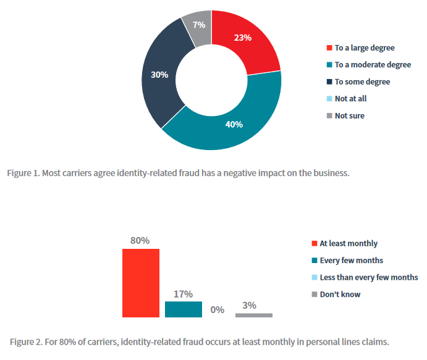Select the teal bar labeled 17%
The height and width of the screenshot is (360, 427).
(183, 309)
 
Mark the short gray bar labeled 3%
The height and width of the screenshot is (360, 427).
(253, 315)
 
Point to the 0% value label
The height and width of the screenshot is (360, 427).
(217, 309)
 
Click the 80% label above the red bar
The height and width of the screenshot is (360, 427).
(140, 240)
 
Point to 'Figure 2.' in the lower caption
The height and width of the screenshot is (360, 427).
(27, 341)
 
